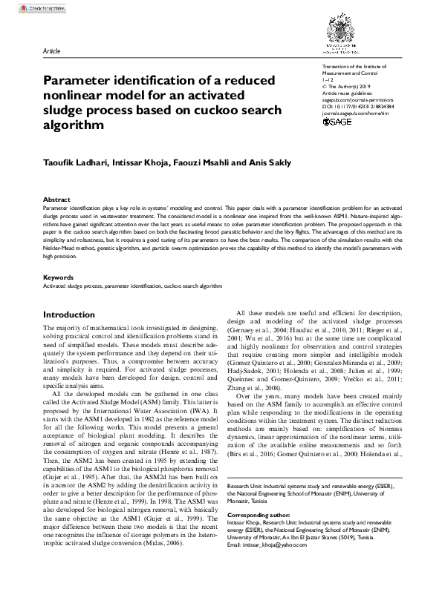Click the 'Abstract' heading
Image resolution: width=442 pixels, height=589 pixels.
tap(56, 200)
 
